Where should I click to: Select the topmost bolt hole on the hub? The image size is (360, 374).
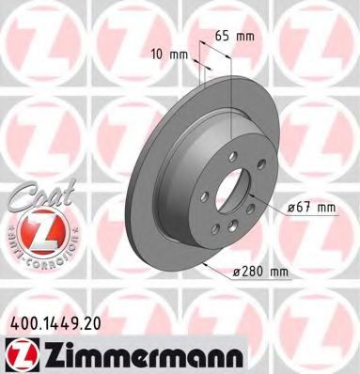point(227,155)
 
